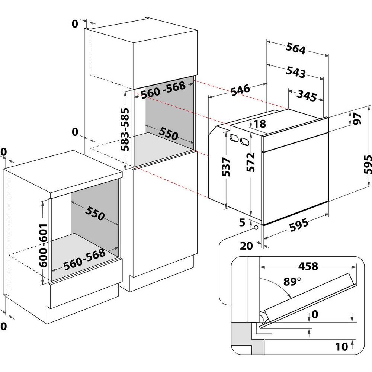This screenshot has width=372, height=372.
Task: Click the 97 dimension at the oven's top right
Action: tap(358, 118)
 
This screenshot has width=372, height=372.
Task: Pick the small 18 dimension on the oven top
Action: tap(260, 124)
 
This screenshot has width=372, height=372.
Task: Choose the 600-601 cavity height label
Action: tap(44, 246)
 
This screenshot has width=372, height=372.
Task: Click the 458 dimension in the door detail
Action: tap(308, 266)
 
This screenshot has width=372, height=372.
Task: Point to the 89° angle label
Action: tap(292, 281)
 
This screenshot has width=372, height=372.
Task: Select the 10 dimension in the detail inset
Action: tap(341, 347)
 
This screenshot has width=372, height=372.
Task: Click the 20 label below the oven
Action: tap(247, 245)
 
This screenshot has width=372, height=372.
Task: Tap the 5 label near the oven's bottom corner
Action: tap(243, 223)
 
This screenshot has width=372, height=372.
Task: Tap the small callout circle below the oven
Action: tap(256, 227)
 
